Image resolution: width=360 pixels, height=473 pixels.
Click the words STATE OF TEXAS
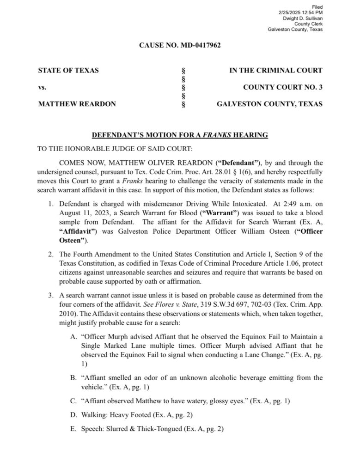[68, 71]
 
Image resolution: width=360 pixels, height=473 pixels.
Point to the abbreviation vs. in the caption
[42, 87]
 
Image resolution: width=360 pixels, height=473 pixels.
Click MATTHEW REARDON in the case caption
[77, 104]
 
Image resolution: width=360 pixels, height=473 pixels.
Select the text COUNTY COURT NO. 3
[283, 87]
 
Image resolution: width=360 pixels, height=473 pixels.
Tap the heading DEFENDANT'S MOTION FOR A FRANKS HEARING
[180, 135]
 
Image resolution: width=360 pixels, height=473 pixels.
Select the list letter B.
[73, 378]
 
